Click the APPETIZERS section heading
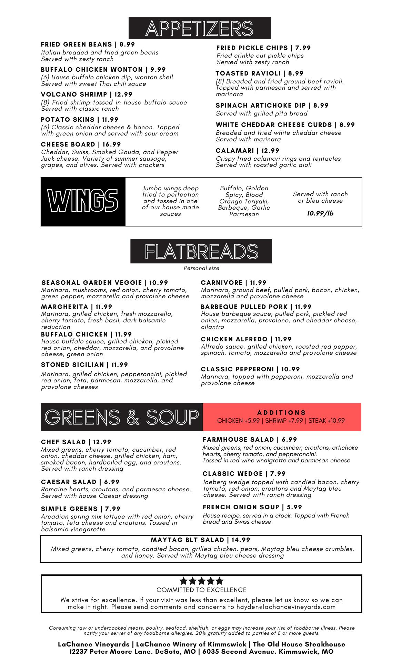click(199, 28)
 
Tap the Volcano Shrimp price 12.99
click(123, 94)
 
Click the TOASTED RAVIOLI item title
click(248, 73)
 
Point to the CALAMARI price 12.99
click(270, 151)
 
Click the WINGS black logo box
click(83, 202)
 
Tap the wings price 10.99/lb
click(320, 213)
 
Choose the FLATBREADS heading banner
click(201, 251)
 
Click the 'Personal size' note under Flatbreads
click(201, 268)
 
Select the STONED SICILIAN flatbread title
click(72, 365)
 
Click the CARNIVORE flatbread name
click(222, 283)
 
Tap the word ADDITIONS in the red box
click(282, 413)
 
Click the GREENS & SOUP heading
click(122, 417)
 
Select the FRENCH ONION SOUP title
click(241, 507)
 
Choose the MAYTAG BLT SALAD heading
click(188, 540)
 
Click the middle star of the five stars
click(201, 581)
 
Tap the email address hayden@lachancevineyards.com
click(286, 607)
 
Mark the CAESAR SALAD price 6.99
click(112, 482)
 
